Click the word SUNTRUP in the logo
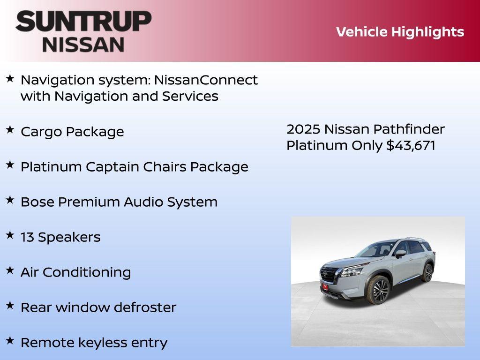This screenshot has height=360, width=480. click(x=83, y=21)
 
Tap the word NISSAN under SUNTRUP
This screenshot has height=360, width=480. click(x=83, y=45)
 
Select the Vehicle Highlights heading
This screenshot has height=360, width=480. click(x=400, y=32)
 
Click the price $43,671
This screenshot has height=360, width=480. click(x=411, y=145)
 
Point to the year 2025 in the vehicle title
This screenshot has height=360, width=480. click(x=303, y=129)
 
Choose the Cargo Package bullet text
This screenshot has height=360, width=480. click(x=72, y=132)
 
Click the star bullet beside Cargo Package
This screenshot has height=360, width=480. click(x=10, y=130)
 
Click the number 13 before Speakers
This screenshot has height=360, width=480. click(x=27, y=237)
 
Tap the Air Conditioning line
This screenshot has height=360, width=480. click(x=75, y=272)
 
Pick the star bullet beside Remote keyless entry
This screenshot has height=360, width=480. click(x=10, y=341)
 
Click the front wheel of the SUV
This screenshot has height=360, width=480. click(x=380, y=290)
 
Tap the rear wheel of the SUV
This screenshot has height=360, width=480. click(x=427, y=273)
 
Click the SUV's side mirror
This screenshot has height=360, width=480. click(x=400, y=254)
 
